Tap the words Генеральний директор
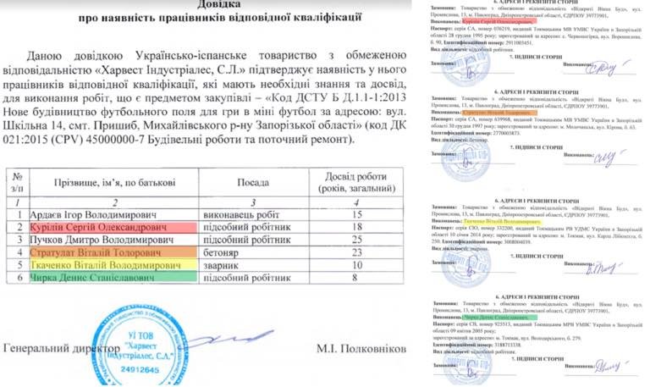[60, 348]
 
